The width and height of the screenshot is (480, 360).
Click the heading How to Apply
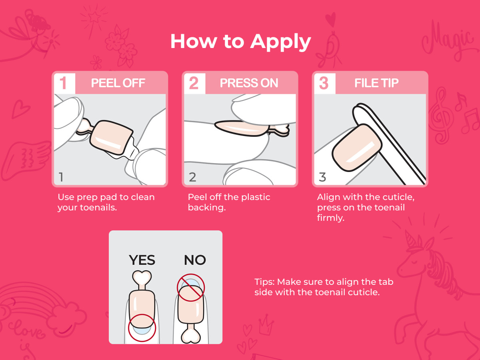[x=240, y=42]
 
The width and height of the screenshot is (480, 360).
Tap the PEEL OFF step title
[x=118, y=83]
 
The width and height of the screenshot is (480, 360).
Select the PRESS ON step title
[x=249, y=83]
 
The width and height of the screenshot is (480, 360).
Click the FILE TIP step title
[x=376, y=83]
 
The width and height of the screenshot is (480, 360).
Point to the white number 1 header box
[x=65, y=84]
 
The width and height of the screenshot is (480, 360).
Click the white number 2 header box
[x=195, y=84]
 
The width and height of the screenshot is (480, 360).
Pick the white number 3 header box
[x=325, y=84]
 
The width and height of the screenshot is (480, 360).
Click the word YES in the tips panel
[x=142, y=260]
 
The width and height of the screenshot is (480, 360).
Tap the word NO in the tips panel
[x=195, y=260]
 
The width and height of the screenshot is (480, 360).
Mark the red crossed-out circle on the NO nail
[x=191, y=288]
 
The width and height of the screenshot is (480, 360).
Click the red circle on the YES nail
[x=142, y=328]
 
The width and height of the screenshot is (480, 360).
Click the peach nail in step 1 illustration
[x=111, y=138]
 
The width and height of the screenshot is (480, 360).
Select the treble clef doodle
[x=440, y=116]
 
